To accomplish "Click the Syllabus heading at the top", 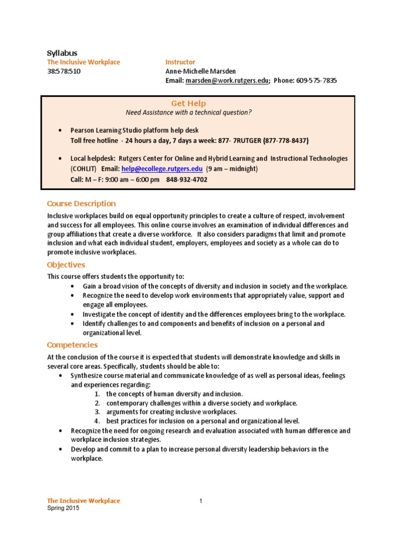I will (x=62, y=53).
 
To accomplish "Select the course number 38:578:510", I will (x=64, y=71).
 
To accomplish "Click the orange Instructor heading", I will (x=180, y=62).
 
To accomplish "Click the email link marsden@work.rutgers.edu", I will (x=227, y=81).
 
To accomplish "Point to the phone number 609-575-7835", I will (x=316, y=81).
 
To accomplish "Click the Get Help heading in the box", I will (x=188, y=104).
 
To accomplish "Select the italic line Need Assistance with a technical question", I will (x=188, y=113).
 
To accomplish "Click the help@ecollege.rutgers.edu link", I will (x=162, y=169).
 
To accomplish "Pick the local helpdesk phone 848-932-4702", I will (x=187, y=179).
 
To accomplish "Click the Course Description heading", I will (x=81, y=204).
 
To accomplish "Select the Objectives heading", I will (x=66, y=265).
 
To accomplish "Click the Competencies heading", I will (x=72, y=345).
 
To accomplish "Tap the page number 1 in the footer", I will (x=200, y=501).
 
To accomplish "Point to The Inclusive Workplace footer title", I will (x=84, y=501).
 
